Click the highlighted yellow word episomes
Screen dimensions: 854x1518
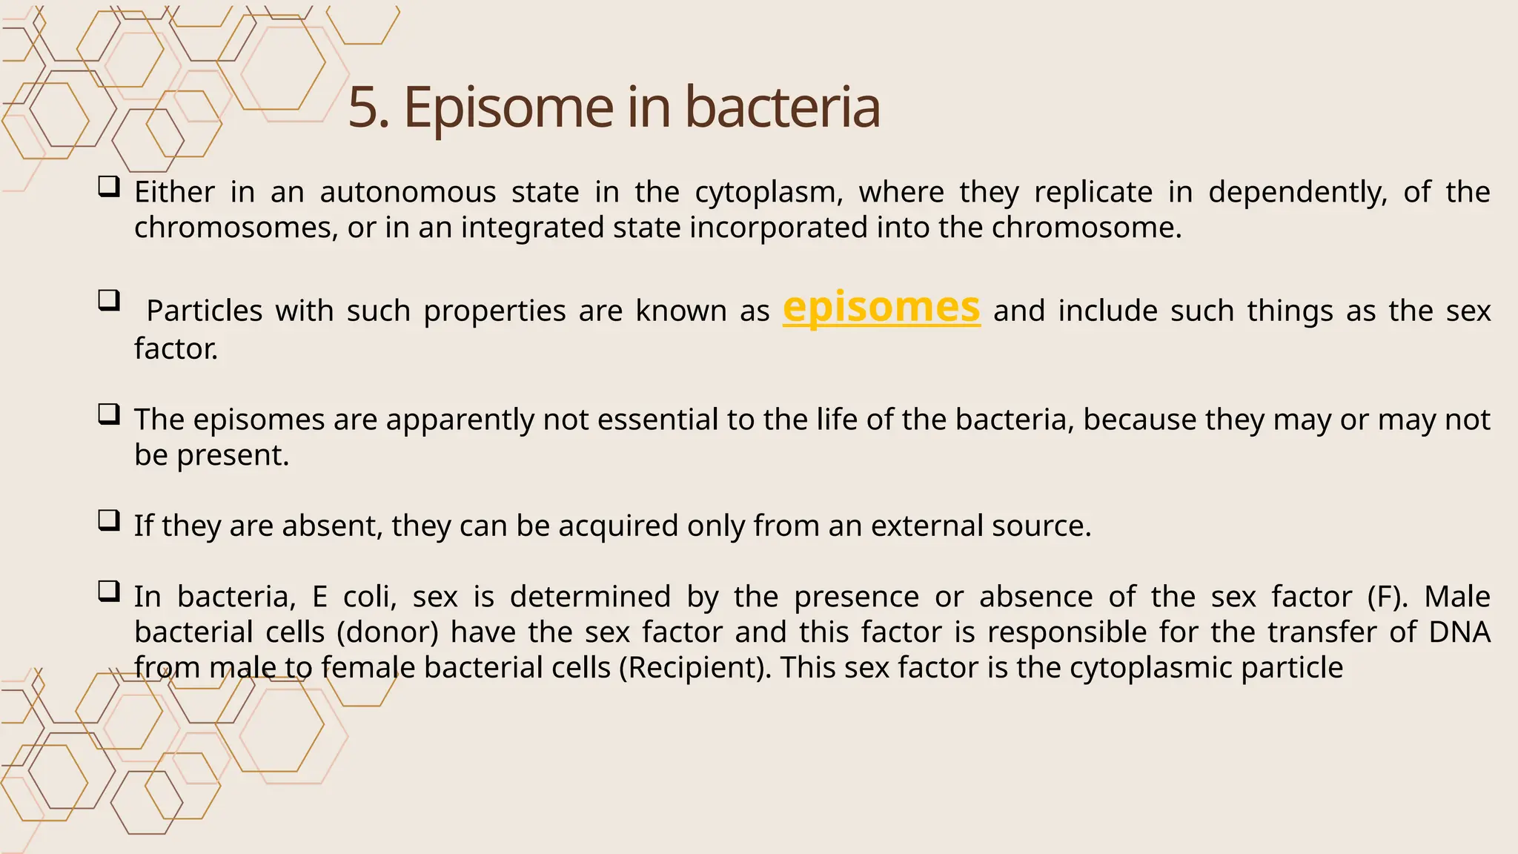point(881,308)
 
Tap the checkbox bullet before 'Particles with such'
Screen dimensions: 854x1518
point(108,300)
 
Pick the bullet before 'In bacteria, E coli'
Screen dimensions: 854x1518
point(108,591)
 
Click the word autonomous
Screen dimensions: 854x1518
point(408,193)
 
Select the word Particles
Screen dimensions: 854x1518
point(204,311)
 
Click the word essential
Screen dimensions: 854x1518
point(657,420)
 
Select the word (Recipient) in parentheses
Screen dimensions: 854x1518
point(695,668)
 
